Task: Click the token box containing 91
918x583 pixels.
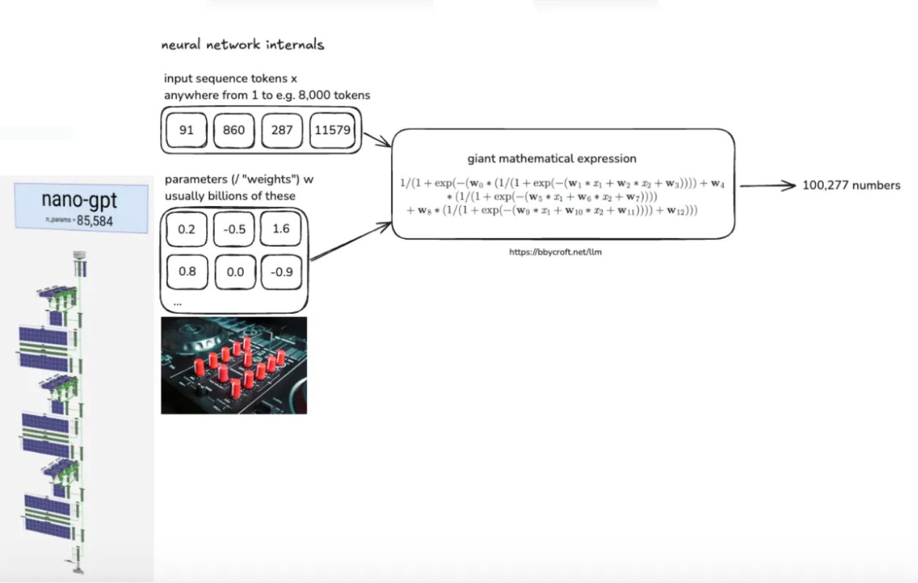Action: [x=186, y=130]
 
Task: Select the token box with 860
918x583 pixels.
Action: [x=234, y=130]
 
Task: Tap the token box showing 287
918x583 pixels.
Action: [x=282, y=130]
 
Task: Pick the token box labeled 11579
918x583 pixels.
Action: [x=333, y=130]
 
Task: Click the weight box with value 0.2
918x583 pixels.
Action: [x=187, y=229]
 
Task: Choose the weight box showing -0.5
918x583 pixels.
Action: [x=234, y=229]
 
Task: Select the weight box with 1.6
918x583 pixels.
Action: [x=281, y=228]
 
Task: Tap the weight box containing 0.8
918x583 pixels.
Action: [x=187, y=271]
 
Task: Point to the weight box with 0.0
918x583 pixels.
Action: [x=235, y=272]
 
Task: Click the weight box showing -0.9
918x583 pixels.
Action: [x=282, y=272]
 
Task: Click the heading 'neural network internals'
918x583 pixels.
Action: [x=242, y=45]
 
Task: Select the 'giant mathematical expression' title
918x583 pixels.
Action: [x=552, y=159]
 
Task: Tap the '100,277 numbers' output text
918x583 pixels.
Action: [x=851, y=186]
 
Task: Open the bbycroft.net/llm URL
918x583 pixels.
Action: [x=555, y=251]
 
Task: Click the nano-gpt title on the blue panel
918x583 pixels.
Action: [x=80, y=199]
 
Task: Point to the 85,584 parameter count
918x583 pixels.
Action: [x=95, y=220]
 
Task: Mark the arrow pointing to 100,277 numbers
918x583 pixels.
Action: [x=768, y=186]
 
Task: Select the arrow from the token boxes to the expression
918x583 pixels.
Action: [x=377, y=140]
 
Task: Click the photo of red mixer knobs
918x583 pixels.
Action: [x=234, y=365]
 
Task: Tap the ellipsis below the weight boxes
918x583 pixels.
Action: [x=177, y=303]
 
